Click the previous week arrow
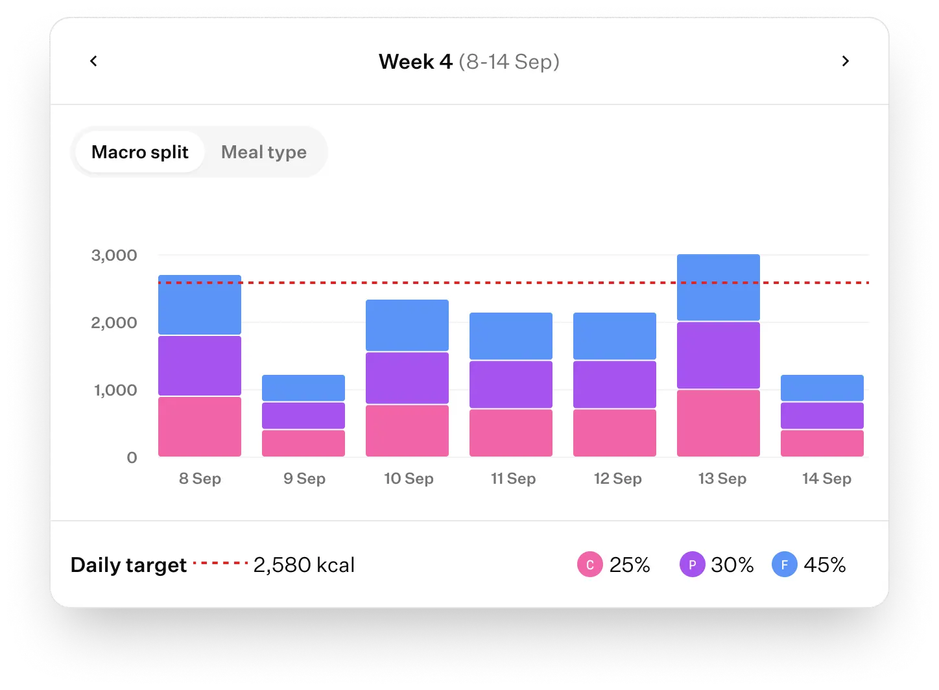pyautogui.click(x=93, y=61)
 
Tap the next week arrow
pyautogui.click(x=845, y=61)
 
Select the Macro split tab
pyautogui.click(x=139, y=152)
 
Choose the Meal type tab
pyautogui.click(x=263, y=152)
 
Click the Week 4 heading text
pyautogui.click(x=416, y=62)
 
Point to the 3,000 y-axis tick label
pyautogui.click(x=114, y=256)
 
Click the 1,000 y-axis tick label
pyautogui.click(x=115, y=390)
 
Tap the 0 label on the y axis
pyautogui.click(x=132, y=458)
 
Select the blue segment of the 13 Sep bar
pyautogui.click(x=718, y=287)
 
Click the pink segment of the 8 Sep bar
pyautogui.click(x=200, y=427)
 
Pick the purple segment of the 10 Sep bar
pyautogui.click(x=407, y=378)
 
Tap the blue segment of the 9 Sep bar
pyautogui.click(x=303, y=388)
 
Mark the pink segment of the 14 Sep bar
pyautogui.click(x=822, y=443)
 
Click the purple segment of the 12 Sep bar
pyautogui.click(x=615, y=385)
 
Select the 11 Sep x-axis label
pyautogui.click(x=513, y=479)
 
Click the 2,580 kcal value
pyautogui.click(x=303, y=565)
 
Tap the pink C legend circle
pyautogui.click(x=589, y=565)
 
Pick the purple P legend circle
pyautogui.click(x=692, y=565)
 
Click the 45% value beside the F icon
pyautogui.click(x=824, y=565)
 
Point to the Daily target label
pyautogui.click(x=128, y=565)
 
